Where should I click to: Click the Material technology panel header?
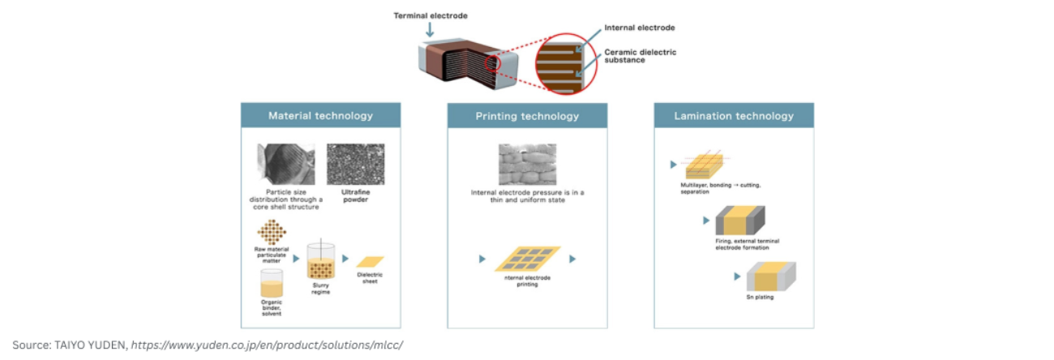pyautogui.click(x=320, y=116)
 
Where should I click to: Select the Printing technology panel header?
pyautogui.click(x=527, y=116)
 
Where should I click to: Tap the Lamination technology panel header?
pyautogui.click(x=734, y=116)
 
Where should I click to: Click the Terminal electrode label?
pyautogui.click(x=431, y=15)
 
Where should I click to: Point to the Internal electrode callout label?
pyautogui.click(x=640, y=28)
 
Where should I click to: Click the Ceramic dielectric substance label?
pyautogui.click(x=640, y=55)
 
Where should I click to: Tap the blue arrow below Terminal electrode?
pyautogui.click(x=429, y=31)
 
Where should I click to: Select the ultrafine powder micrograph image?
pyautogui.click(x=355, y=164)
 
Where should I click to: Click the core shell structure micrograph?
pyautogui.click(x=285, y=164)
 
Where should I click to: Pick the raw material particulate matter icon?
pyautogui.click(x=272, y=233)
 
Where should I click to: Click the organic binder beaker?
pyautogui.click(x=272, y=283)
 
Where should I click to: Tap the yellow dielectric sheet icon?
pyautogui.click(x=370, y=262)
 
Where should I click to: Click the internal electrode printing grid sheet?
pyautogui.click(x=527, y=259)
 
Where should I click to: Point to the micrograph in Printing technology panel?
pyautogui.click(x=527, y=164)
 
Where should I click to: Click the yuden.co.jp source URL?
pyautogui.click(x=267, y=345)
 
